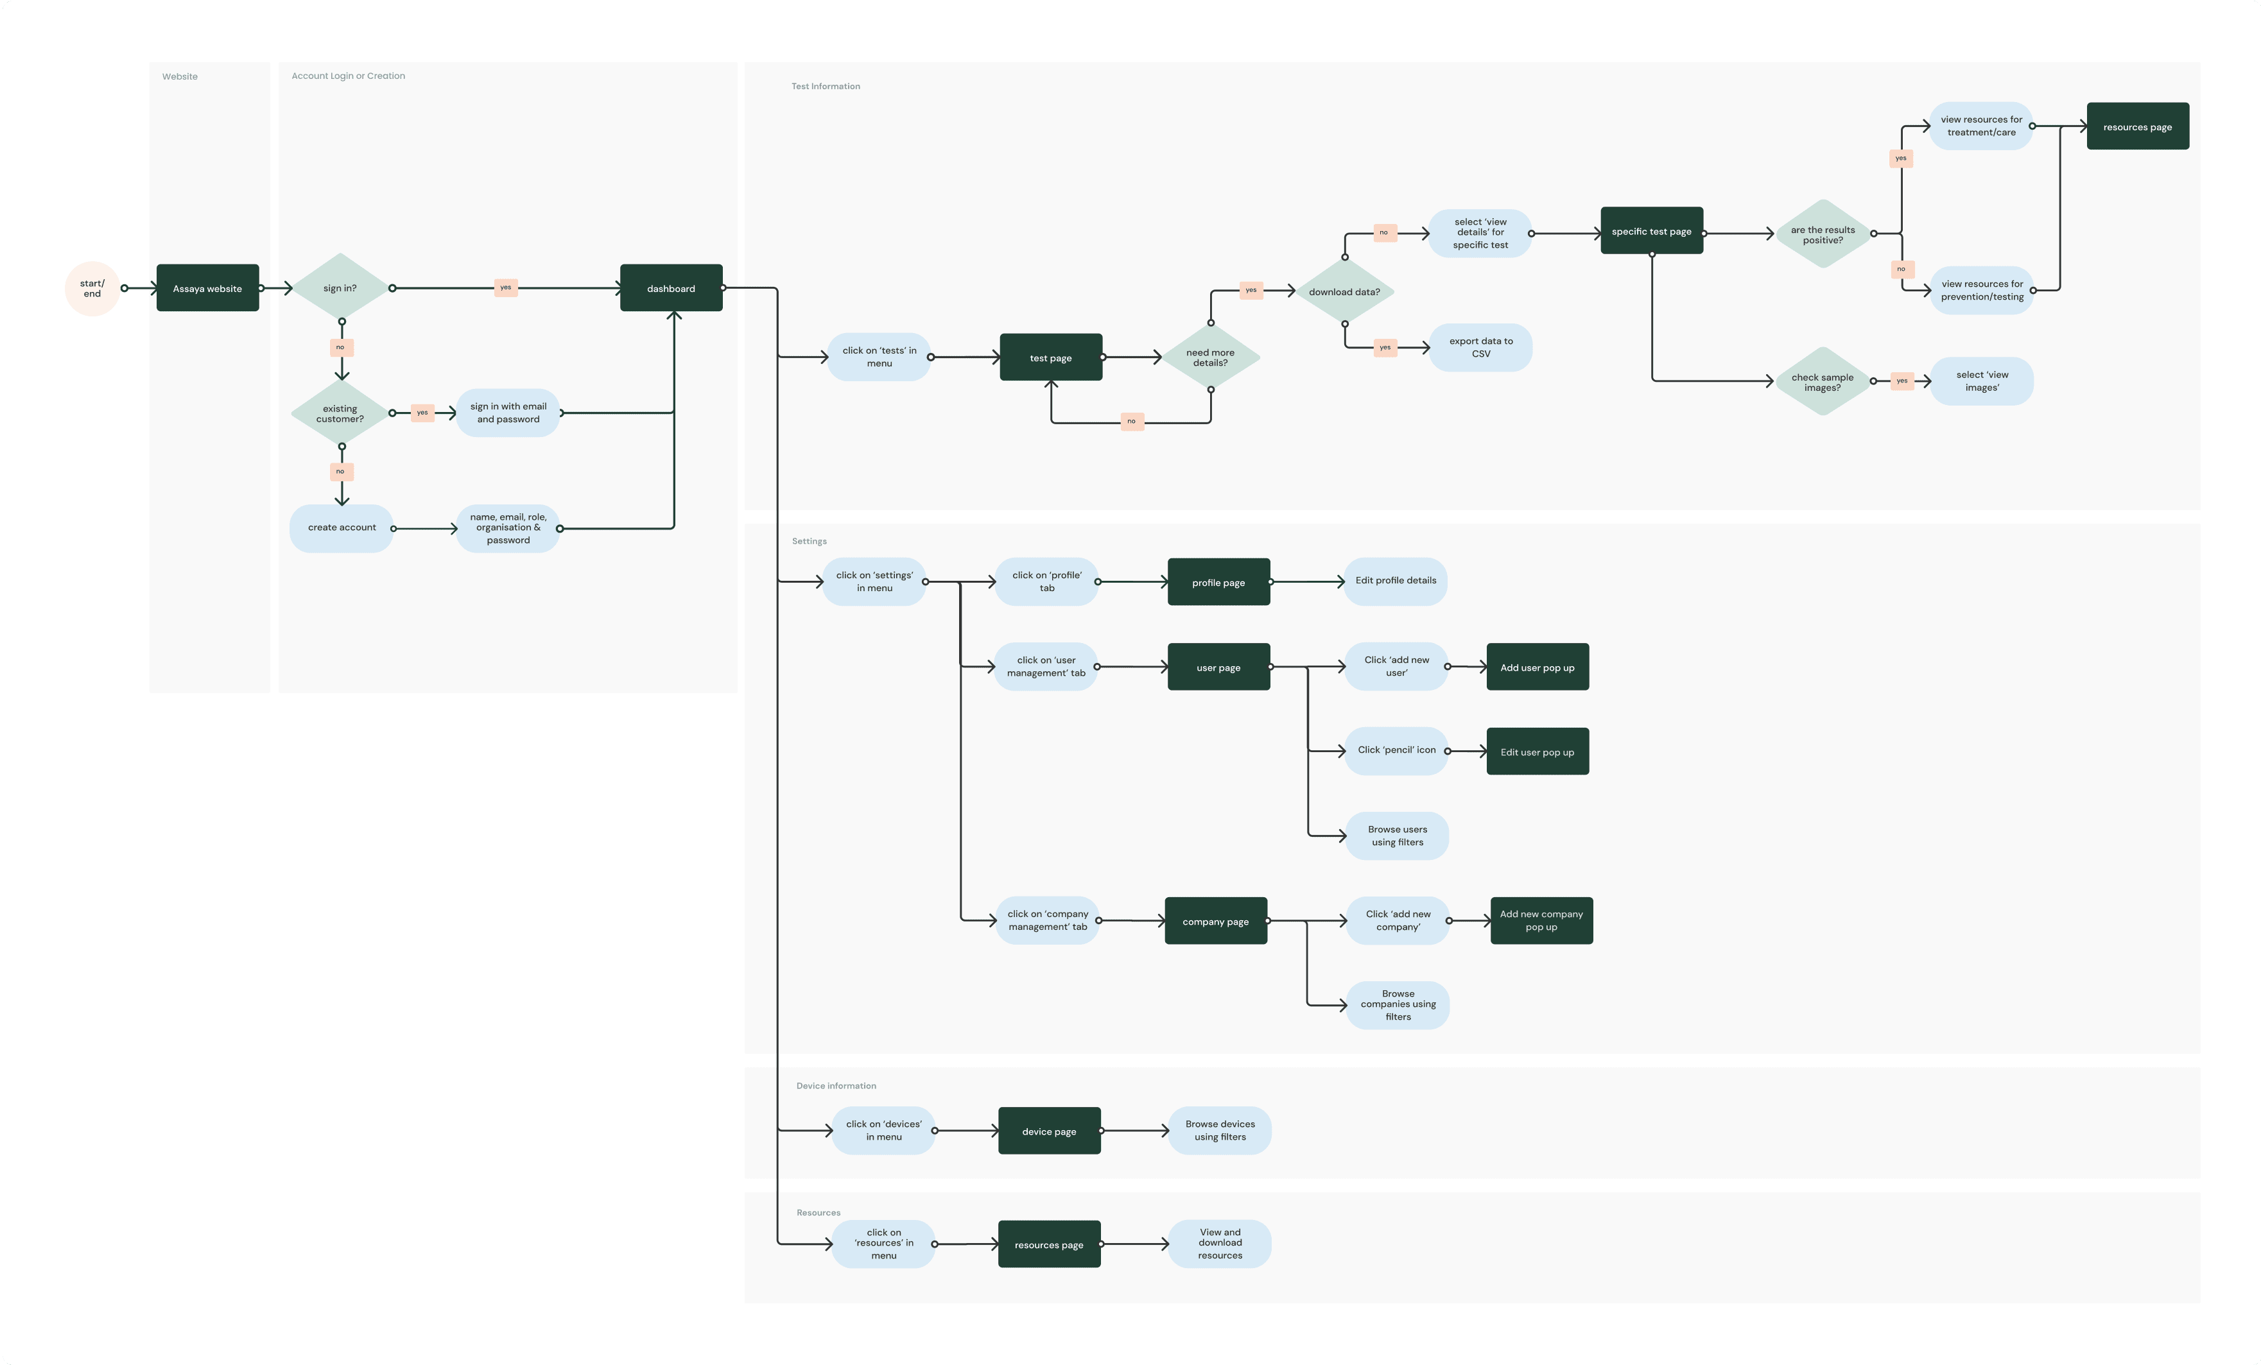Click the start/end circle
[x=92, y=289]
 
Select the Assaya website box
[x=207, y=288]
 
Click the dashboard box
[x=671, y=288]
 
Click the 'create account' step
[x=342, y=528]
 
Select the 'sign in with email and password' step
[x=508, y=413]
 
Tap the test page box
[x=1051, y=357]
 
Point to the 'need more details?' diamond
[x=1210, y=357]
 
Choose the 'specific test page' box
[x=1652, y=231]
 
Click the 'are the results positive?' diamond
[x=1823, y=235]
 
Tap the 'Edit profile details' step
[x=1396, y=581]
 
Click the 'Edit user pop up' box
[x=1537, y=752]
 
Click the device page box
[x=1049, y=1131]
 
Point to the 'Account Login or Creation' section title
[x=348, y=76]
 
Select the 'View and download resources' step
[x=1220, y=1244]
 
